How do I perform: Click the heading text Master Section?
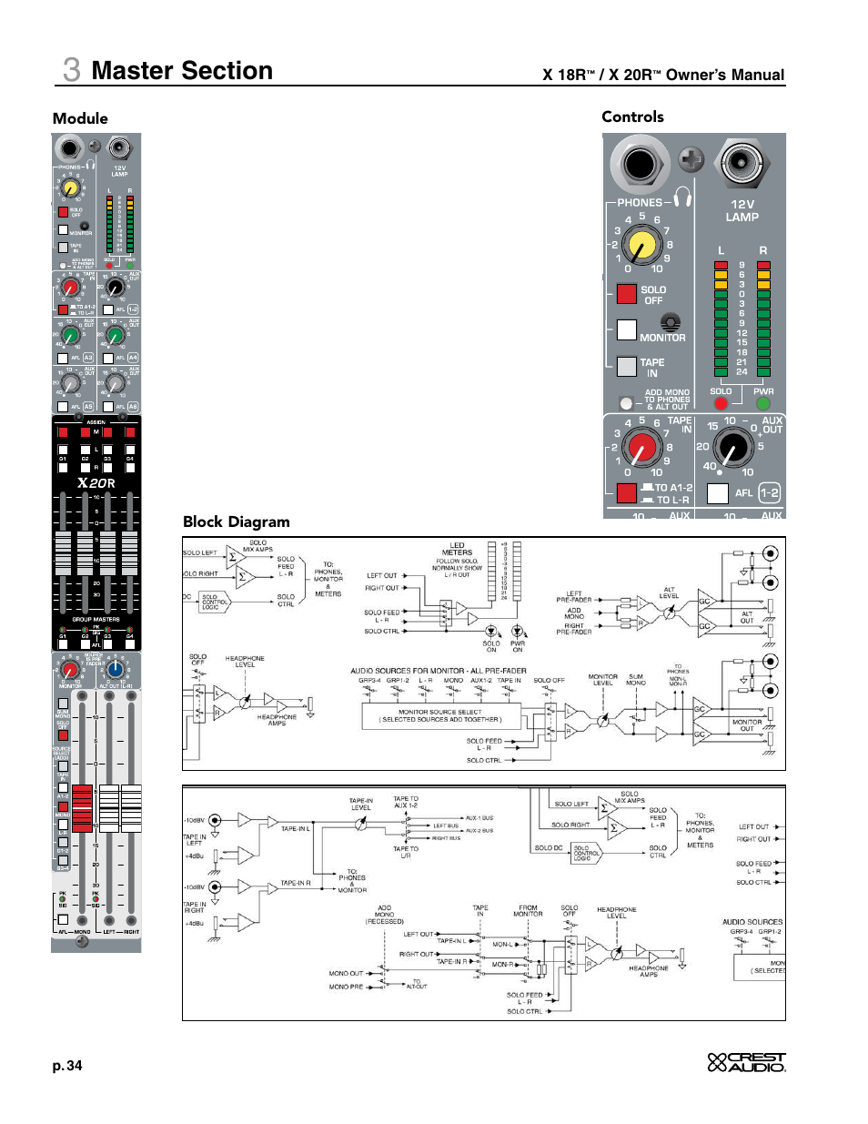click(x=182, y=71)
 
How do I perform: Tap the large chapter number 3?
click(x=71, y=70)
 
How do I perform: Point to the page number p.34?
click(x=67, y=1066)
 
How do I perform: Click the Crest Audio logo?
click(x=746, y=1062)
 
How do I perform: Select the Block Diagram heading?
click(x=237, y=521)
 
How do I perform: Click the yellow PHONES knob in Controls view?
click(x=642, y=245)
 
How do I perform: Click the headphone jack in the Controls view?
click(x=640, y=164)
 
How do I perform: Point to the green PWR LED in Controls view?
click(x=763, y=403)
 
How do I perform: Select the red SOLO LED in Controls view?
click(x=721, y=403)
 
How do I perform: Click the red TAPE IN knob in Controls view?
click(x=642, y=449)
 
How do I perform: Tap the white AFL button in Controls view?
click(x=718, y=493)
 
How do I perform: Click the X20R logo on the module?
click(x=96, y=483)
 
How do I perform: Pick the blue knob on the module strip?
click(x=116, y=670)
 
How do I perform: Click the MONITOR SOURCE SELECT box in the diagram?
click(x=441, y=715)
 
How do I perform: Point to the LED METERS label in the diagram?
click(x=457, y=549)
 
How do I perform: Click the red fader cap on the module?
click(x=82, y=808)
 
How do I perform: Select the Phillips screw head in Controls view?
click(x=691, y=160)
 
